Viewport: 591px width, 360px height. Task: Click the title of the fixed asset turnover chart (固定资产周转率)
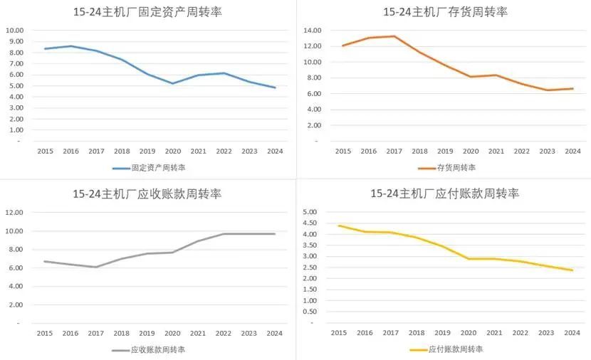(147, 12)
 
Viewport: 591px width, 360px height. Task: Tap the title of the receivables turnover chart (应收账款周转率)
(147, 194)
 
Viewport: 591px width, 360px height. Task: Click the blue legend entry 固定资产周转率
(149, 168)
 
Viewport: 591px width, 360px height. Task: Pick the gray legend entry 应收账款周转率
(149, 349)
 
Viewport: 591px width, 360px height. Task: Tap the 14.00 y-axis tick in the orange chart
(313, 31)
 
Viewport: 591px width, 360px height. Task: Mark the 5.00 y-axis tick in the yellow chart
(311, 212)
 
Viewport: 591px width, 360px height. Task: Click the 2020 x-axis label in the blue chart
(172, 152)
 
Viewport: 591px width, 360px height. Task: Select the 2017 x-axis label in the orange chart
(394, 152)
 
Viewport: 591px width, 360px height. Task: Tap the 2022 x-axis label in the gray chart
(224, 333)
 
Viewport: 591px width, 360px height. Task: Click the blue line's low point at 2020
(172, 83)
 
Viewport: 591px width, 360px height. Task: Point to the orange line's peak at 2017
(394, 36)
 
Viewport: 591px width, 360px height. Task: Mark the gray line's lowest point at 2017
(96, 267)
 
